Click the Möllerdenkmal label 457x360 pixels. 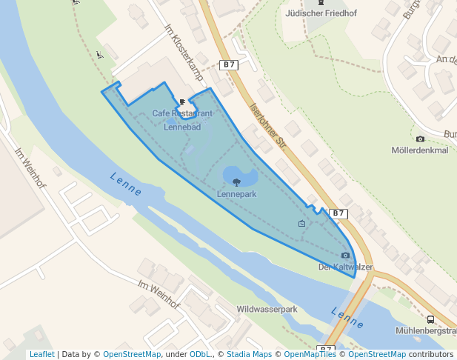pos(420,150)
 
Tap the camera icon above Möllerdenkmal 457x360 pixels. pos(421,139)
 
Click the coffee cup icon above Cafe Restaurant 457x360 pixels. pos(182,101)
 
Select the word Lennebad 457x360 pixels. pos(182,127)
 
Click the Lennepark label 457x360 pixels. pos(237,194)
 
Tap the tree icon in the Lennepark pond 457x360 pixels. pos(236,181)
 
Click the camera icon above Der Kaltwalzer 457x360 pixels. pos(345,256)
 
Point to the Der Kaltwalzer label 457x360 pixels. pos(345,267)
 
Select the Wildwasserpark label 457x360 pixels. pos(267,308)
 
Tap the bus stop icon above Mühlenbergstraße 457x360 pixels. pos(431,319)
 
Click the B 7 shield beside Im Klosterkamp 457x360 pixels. pos(230,65)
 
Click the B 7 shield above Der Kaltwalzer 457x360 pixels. pos(338,213)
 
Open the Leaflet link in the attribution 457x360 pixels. pos(41,355)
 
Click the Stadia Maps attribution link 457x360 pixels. pos(249,355)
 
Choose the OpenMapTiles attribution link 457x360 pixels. pos(307,355)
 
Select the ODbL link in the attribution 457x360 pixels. pos(200,355)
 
